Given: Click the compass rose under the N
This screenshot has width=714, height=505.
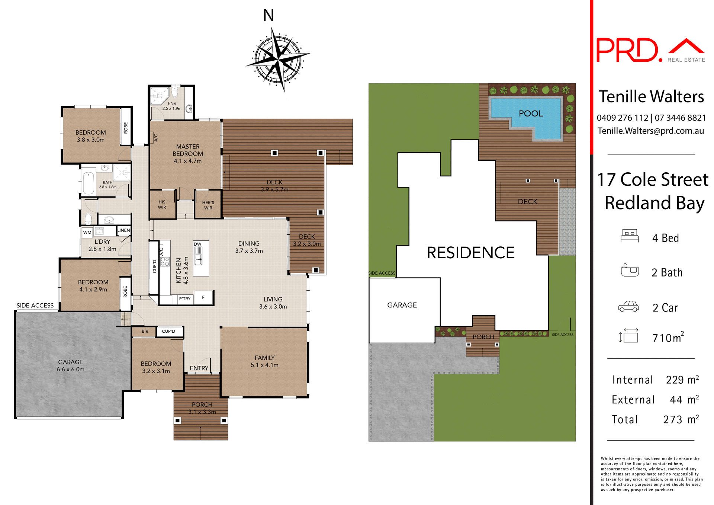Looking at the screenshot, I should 278,59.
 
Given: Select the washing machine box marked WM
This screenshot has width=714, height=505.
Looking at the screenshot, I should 87,233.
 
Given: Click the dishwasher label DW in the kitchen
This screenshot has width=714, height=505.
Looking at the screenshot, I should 197,244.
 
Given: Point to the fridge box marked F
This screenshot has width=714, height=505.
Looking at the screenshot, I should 203,297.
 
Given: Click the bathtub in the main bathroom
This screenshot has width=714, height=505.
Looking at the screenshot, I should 89,183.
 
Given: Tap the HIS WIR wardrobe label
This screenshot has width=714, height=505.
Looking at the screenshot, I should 162,205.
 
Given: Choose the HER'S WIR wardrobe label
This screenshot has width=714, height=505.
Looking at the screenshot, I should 208,205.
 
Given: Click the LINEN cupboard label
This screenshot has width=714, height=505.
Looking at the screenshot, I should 123,230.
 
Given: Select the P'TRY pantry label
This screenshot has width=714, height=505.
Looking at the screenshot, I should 184,298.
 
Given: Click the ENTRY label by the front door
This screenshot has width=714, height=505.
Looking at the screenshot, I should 199,368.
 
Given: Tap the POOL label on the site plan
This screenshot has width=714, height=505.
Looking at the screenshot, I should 531,114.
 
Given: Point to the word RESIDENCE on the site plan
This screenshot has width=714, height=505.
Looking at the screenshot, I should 470,253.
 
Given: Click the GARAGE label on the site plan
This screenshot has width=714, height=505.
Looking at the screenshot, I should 402,305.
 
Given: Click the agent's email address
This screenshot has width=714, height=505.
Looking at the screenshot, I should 651,131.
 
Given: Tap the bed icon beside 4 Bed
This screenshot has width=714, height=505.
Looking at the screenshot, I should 629,236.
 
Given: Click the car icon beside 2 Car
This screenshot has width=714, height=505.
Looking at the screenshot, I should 628,306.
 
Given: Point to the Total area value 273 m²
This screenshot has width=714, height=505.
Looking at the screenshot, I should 681,419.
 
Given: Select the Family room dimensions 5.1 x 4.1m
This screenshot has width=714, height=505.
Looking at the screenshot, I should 264,365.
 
